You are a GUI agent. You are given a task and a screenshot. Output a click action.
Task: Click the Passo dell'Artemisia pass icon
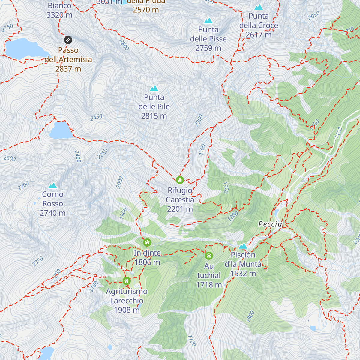tap(68, 40)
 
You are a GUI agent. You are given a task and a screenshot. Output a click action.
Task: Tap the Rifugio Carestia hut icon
tap(180, 180)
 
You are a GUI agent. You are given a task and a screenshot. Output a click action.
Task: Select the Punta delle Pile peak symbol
tap(154, 88)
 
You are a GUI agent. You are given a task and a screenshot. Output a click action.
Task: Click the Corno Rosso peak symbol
tap(53, 186)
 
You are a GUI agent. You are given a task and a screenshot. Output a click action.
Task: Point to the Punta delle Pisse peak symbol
tap(208, 21)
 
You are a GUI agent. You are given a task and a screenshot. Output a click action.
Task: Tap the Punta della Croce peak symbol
tap(259, 7)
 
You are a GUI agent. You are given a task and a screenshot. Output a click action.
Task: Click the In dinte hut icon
tap(147, 242)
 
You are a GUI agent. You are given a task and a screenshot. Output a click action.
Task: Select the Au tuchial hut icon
tap(209, 256)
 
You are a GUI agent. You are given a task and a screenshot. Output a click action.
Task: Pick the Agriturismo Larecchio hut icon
tap(127, 281)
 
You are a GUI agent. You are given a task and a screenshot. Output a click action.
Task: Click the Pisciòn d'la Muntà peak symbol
tap(243, 246)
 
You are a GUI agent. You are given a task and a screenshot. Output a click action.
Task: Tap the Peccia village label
tap(270, 224)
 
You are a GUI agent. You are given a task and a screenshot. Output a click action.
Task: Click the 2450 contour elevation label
tap(96, 117)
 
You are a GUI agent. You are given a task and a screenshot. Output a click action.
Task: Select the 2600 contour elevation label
tap(10, 158)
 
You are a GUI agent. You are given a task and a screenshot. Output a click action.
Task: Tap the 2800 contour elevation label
tap(124, 45)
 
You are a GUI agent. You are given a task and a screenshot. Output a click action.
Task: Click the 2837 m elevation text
tap(68, 69)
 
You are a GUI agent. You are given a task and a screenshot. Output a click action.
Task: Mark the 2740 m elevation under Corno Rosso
tap(52, 213)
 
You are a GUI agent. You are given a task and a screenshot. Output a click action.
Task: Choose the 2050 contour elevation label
tap(314, 16)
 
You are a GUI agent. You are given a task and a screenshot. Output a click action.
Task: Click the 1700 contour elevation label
tap(191, 341)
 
